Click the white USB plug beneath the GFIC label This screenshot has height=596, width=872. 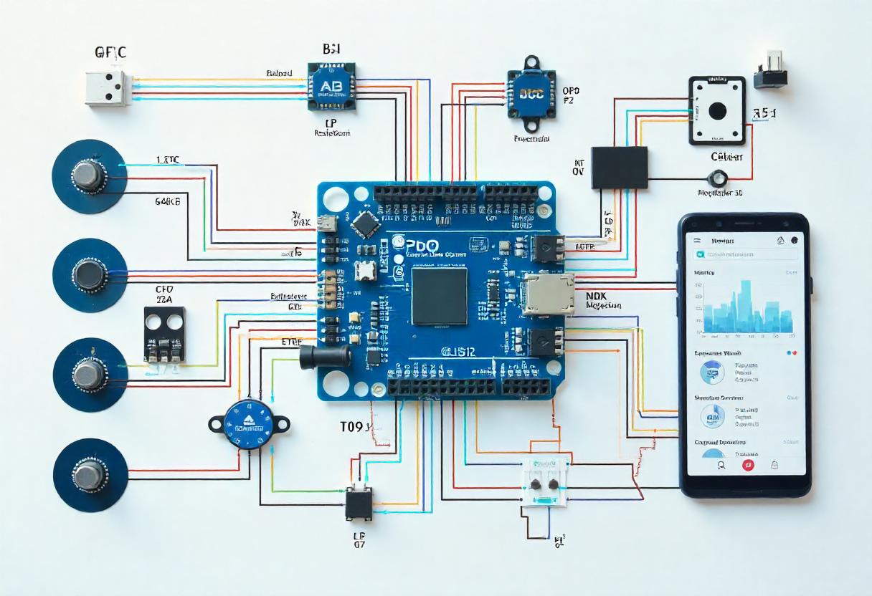(108, 89)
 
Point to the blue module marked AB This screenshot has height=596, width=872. (331, 86)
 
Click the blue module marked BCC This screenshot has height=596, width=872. (531, 93)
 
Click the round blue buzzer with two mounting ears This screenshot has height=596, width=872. (249, 424)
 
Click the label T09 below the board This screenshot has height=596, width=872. (354, 428)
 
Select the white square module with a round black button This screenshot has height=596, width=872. (716, 111)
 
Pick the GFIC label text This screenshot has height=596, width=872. (112, 52)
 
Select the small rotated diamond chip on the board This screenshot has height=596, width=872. (366, 225)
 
